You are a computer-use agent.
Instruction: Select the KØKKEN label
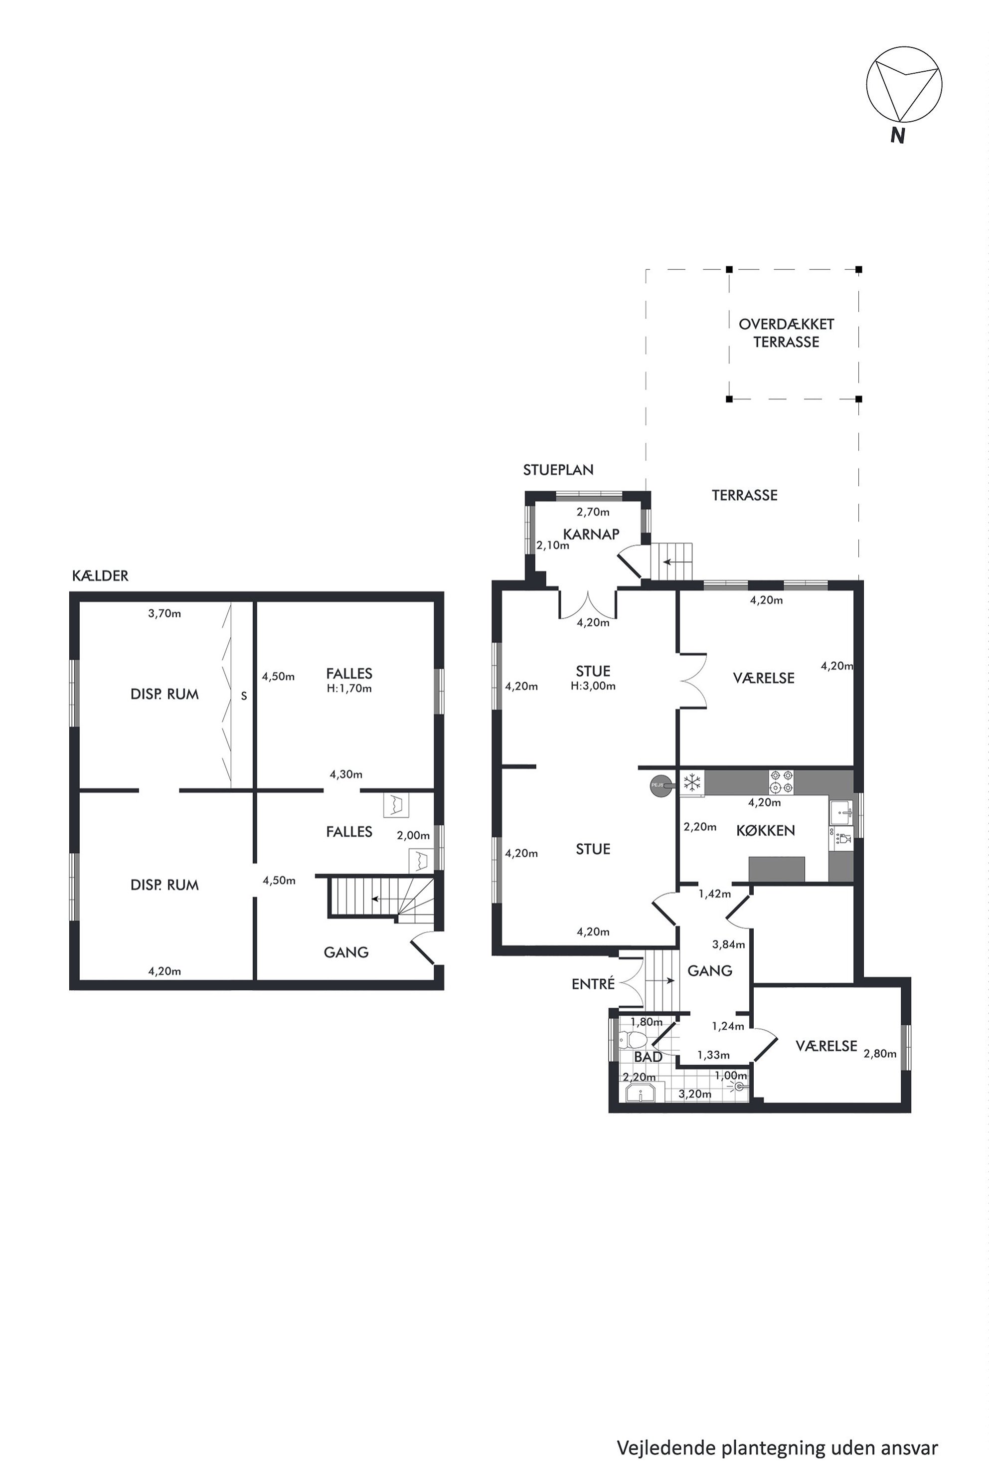765,830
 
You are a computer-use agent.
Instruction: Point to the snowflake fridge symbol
692,783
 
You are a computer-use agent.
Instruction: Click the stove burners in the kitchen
781,782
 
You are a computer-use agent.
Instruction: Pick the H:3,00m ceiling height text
593,686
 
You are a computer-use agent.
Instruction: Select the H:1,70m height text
349,688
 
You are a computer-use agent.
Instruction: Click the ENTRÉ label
593,984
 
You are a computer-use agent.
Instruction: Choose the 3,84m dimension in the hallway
728,944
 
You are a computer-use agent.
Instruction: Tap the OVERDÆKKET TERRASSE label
787,333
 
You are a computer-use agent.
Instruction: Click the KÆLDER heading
100,575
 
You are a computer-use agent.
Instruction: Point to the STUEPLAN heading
558,469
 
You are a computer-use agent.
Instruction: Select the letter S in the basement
244,697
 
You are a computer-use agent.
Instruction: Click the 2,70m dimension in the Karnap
593,512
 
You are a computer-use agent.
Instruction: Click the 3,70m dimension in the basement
165,613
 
